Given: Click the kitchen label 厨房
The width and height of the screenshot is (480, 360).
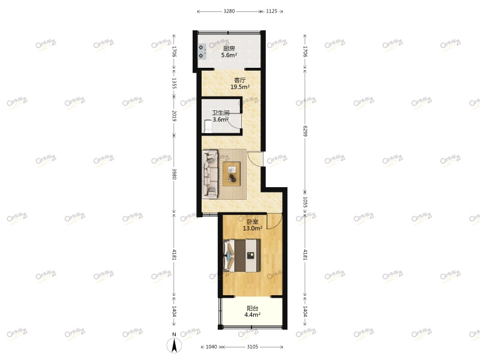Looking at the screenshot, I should click(229, 49).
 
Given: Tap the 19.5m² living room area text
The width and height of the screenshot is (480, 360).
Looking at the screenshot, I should click(240, 87).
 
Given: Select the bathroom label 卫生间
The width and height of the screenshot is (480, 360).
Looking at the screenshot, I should click(220, 112).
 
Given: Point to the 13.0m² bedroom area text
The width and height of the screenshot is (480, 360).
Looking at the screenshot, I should click(251, 228).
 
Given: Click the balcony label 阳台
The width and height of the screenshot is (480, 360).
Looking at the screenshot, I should click(252, 307).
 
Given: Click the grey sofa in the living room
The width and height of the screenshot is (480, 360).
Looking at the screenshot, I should click(211, 174).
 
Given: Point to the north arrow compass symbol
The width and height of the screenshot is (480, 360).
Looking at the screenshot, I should click(174, 344).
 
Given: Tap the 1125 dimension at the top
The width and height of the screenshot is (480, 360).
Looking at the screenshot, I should click(271, 11).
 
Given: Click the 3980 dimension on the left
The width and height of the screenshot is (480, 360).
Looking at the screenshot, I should click(174, 174).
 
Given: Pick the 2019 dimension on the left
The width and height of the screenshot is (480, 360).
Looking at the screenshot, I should click(174, 116).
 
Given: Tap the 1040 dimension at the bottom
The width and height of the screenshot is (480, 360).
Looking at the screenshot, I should click(211, 347).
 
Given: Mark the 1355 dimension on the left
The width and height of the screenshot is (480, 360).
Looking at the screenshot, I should click(174, 83).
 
